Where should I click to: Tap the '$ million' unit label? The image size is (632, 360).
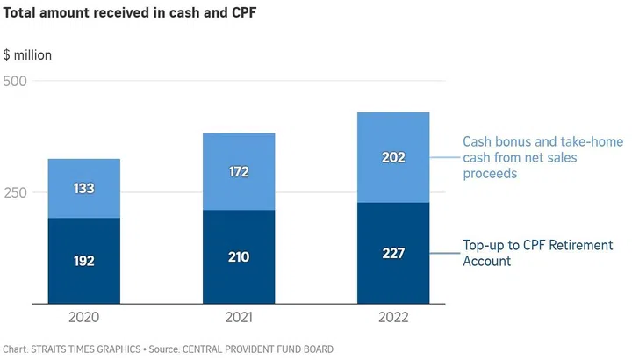coord(27,55)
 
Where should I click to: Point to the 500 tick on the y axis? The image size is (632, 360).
coord(17,82)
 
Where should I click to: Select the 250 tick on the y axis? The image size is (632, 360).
coord(17,192)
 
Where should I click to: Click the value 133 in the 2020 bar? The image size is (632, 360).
coord(83,189)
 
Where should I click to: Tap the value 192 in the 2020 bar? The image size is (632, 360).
coord(83,261)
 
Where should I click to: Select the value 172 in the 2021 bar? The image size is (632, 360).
coord(238,172)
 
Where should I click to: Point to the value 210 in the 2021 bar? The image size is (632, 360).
coord(238,257)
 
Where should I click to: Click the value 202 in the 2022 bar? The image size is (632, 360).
coord(392,158)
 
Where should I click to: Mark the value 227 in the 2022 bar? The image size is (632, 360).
coord(392,253)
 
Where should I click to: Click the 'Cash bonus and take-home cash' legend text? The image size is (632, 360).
coord(536,158)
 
